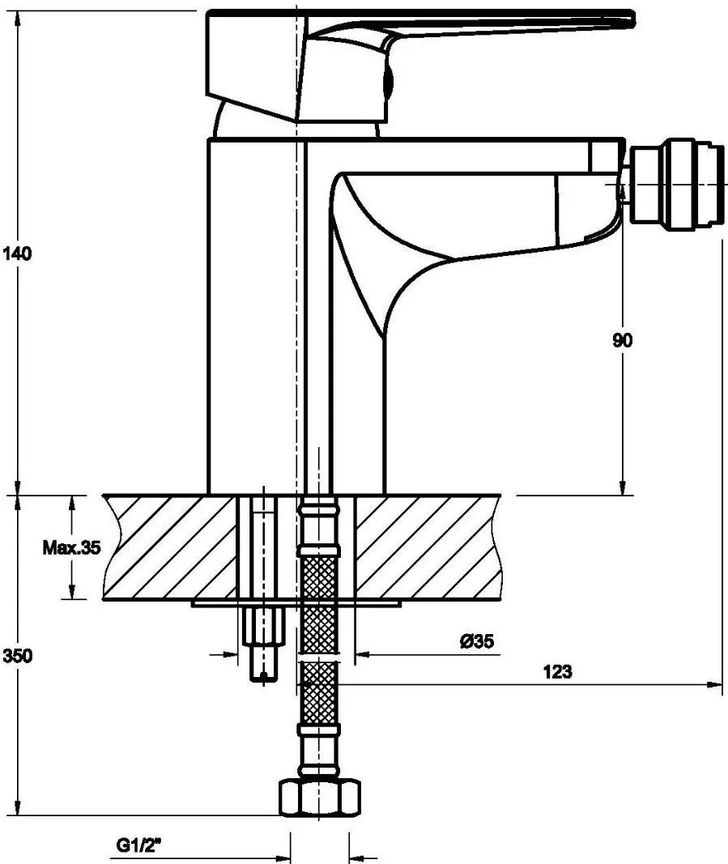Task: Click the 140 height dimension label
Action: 18,254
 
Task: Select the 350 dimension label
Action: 18,656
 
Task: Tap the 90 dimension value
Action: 622,341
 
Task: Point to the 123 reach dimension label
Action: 558,671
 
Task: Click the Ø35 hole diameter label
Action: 477,641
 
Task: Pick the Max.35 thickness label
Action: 72,547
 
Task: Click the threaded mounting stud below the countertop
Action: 263,644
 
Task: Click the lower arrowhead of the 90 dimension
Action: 622,487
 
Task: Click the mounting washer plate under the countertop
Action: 296,604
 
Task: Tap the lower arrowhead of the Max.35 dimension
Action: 71,592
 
